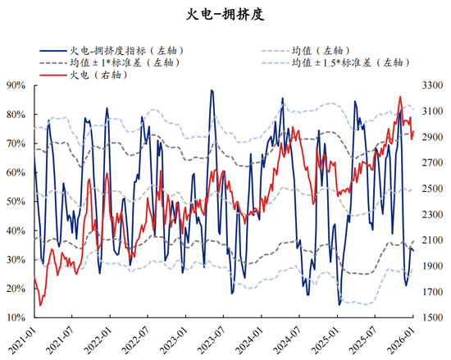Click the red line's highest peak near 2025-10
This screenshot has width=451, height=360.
400,97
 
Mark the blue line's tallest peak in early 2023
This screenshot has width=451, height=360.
212,90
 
